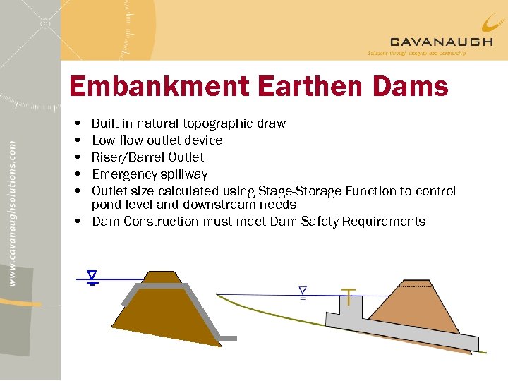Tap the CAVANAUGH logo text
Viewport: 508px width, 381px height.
442,42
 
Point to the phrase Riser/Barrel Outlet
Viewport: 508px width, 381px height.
147,157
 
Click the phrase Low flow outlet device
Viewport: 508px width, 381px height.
157,140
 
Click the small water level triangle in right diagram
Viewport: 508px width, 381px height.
303,291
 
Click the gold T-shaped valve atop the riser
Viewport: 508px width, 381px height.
349,292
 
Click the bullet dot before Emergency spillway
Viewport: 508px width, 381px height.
76,174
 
